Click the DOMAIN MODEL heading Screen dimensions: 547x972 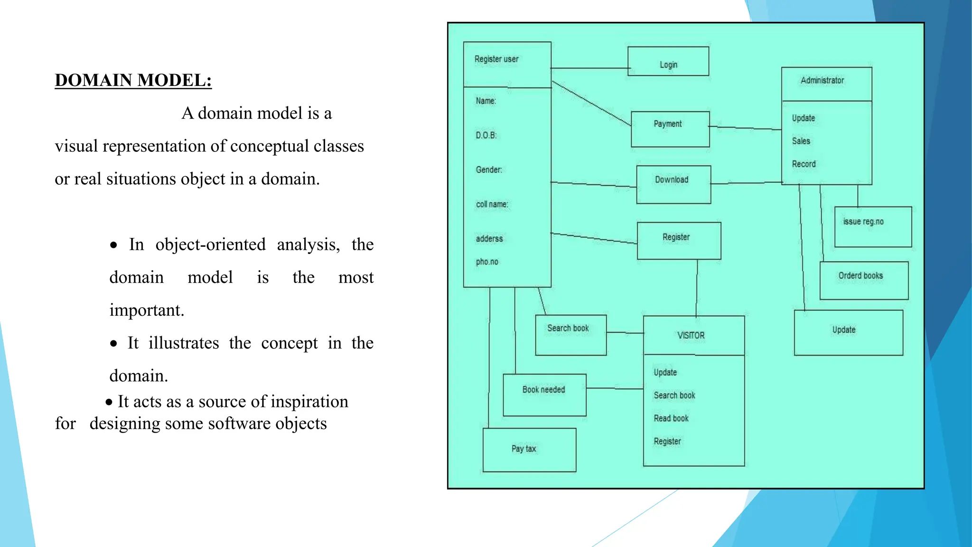tap(133, 80)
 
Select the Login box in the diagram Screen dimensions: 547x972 tap(668, 62)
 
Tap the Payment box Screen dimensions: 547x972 tap(670, 129)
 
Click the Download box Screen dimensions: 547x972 tap(673, 185)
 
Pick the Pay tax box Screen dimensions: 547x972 tap(529, 450)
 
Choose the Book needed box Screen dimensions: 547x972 tap(544, 395)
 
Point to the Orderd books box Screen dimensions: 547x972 tap(863, 281)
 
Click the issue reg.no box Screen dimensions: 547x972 tap(872, 227)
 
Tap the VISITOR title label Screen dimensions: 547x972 tap(691, 336)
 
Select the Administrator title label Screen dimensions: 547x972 tap(822, 81)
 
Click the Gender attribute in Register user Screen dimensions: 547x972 tap(489, 170)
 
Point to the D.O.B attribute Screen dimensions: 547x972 tap(486, 135)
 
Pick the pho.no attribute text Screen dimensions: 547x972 tap(487, 262)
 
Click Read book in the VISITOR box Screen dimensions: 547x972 tap(671, 418)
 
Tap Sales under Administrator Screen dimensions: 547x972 tap(801, 141)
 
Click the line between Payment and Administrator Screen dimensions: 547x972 tap(745, 128)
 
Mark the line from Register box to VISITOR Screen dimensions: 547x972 tap(697, 288)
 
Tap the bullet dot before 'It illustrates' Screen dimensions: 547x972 tap(113, 344)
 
